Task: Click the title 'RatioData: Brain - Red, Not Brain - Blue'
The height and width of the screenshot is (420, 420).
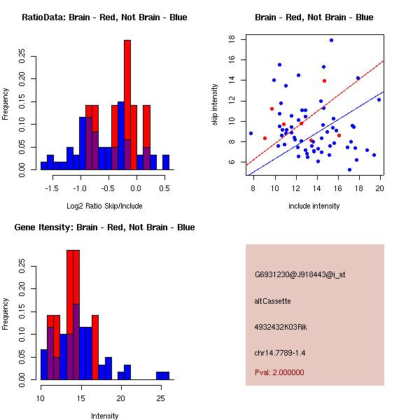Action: (x=104, y=17)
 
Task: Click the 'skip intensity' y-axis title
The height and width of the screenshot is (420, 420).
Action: (x=216, y=105)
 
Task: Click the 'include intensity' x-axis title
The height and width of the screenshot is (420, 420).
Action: (x=314, y=206)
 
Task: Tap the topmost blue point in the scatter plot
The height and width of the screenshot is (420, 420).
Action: (x=331, y=40)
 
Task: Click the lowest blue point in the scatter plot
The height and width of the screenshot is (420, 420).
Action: (x=350, y=169)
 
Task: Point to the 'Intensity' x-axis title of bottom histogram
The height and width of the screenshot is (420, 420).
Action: (x=105, y=416)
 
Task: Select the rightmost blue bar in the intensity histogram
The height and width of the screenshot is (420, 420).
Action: (x=166, y=375)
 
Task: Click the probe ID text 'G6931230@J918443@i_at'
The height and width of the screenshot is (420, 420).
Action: (x=300, y=274)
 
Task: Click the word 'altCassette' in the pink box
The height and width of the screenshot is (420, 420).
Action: (x=272, y=301)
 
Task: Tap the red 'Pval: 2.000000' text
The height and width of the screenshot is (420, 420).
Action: (x=279, y=372)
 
